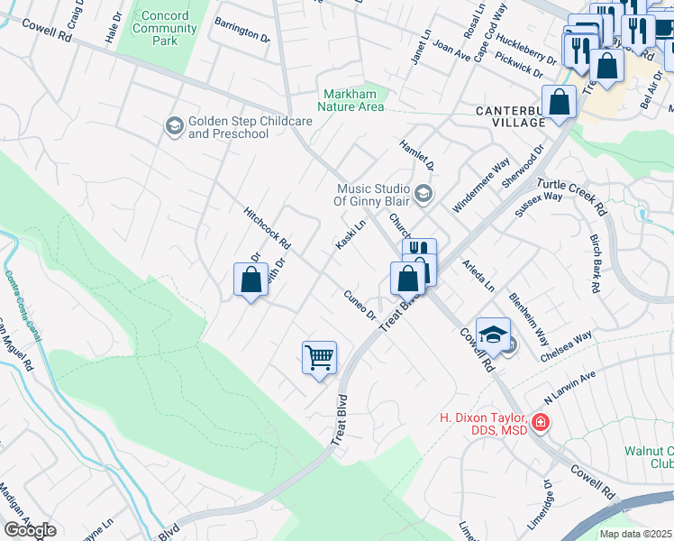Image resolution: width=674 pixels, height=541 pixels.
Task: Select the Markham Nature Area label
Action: (354, 100)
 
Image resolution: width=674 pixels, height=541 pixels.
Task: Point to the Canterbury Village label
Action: (510, 116)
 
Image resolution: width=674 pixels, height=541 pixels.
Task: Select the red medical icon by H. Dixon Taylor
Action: (539, 422)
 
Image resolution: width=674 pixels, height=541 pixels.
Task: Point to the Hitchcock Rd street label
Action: (268, 228)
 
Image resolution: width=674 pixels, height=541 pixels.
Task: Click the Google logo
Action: (30, 529)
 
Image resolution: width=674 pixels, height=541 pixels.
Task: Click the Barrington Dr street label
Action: (241, 33)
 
